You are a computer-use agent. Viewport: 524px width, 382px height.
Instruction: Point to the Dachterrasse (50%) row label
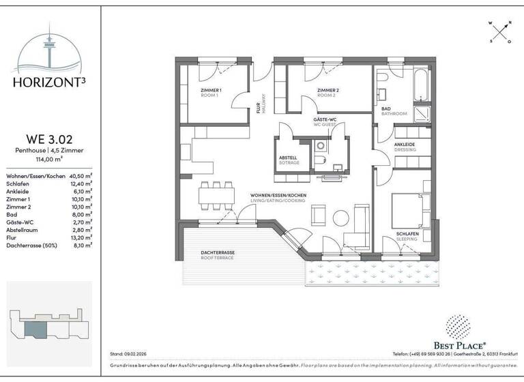[32, 245]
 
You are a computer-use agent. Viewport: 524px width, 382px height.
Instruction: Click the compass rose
[500, 31]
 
